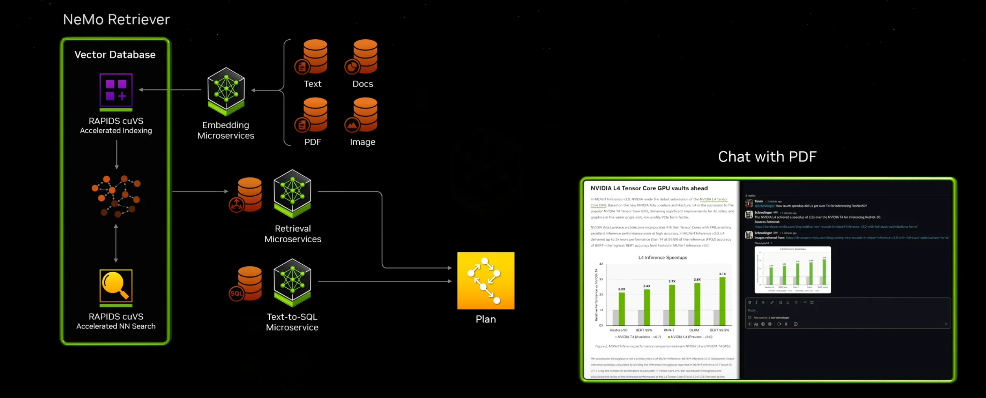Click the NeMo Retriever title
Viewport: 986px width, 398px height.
[x=116, y=19]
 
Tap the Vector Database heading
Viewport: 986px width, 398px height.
[x=115, y=54]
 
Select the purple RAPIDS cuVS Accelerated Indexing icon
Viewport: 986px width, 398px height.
[x=116, y=90]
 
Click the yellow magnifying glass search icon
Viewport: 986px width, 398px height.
[x=116, y=286]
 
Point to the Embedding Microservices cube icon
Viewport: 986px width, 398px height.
[x=226, y=90]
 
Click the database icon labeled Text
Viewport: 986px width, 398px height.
[x=313, y=57]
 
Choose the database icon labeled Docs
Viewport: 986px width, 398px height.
[x=363, y=57]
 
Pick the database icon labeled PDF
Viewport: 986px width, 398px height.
[x=313, y=115]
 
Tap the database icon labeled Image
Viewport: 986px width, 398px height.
[x=363, y=115]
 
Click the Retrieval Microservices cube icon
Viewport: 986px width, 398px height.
[x=292, y=193]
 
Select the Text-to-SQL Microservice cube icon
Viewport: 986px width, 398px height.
[x=292, y=282]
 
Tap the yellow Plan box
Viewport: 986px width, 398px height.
[x=486, y=280]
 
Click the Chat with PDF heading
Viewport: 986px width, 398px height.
[x=767, y=157]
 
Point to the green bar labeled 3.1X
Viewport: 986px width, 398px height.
[x=722, y=301]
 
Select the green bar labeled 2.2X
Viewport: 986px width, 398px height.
[x=622, y=309]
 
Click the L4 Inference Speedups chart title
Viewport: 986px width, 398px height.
[x=662, y=258]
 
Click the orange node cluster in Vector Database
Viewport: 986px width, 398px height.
[x=116, y=196]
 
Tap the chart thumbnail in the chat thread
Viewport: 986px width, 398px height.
[x=793, y=270]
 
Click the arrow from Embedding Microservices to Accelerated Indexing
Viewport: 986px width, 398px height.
[x=171, y=90]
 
